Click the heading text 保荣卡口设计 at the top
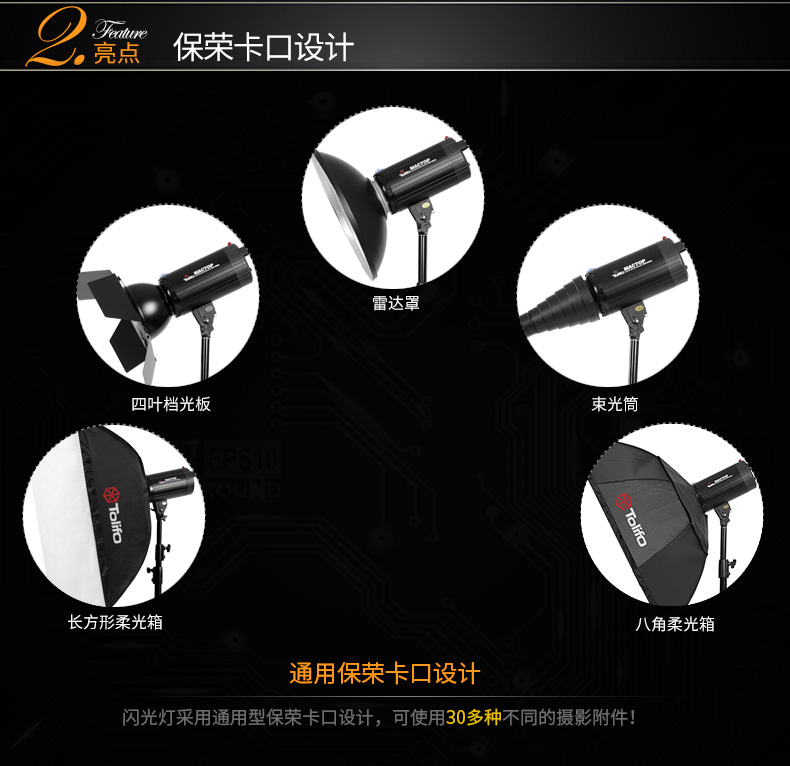click(263, 46)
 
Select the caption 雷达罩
click(396, 302)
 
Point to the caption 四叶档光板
click(171, 404)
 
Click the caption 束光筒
click(615, 404)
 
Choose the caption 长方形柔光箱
click(115, 622)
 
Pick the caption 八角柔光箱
click(675, 624)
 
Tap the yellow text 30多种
click(473, 717)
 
